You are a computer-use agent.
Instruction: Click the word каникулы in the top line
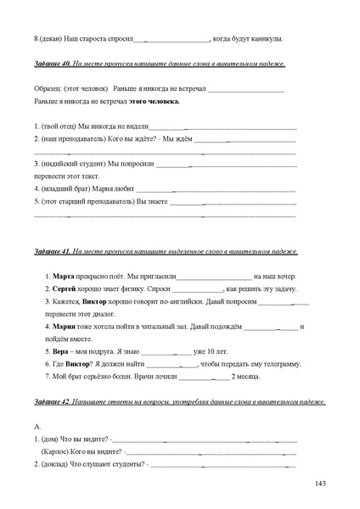[264, 38]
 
